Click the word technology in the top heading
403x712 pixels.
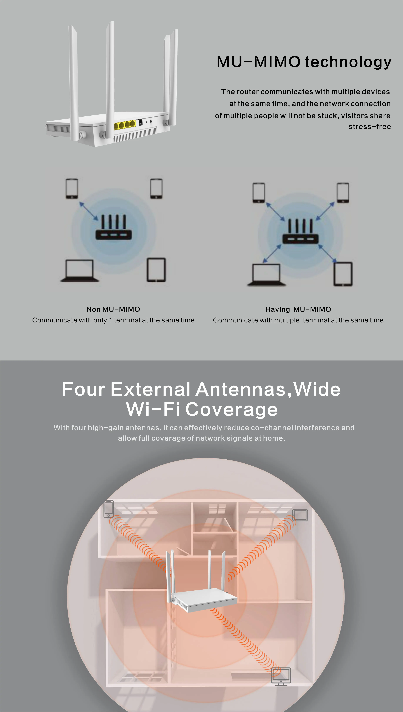pos(348,62)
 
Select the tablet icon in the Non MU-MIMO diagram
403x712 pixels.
pos(156,270)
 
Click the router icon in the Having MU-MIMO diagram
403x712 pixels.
pos(300,232)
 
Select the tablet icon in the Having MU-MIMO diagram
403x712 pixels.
pos(343,274)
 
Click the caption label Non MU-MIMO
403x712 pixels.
pos(113,309)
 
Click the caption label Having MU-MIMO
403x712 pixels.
pos(298,309)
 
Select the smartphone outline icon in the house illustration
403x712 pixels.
pos(108,509)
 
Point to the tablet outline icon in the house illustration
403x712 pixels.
pos(300,515)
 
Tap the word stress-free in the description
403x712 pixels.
pos(370,127)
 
